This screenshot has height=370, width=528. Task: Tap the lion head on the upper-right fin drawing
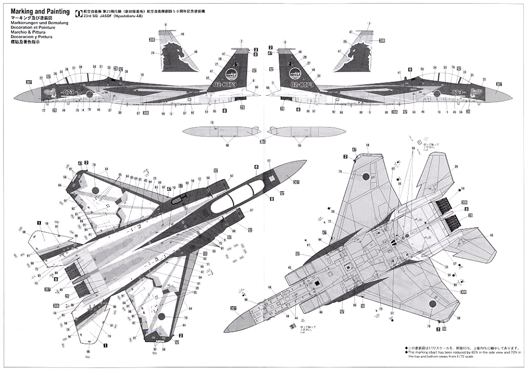point(354,55)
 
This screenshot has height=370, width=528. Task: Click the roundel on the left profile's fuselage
point(90,94)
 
